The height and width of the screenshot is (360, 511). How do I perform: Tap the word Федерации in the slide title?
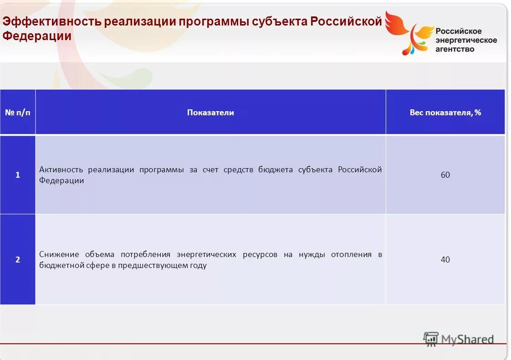pos(37,36)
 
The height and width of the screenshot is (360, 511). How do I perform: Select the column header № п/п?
pos(18,112)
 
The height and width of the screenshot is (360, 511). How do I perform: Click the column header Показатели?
pos(210,112)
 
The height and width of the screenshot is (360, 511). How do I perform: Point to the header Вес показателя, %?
pos(445,112)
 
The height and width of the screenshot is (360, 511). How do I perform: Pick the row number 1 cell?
pos(18,175)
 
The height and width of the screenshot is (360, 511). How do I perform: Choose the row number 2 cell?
pos(18,259)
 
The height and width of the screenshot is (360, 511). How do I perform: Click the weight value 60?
pos(445,175)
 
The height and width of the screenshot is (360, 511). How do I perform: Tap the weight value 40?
pos(445,259)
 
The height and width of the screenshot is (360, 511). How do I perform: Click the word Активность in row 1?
pos(61,170)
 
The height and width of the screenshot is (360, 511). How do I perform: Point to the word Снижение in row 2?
pos(59,254)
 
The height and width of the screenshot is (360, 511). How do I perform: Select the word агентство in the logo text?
pos(455,49)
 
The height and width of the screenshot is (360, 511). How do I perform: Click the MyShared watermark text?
pos(467,339)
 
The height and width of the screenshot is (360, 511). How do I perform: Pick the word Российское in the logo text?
pos(458,31)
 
